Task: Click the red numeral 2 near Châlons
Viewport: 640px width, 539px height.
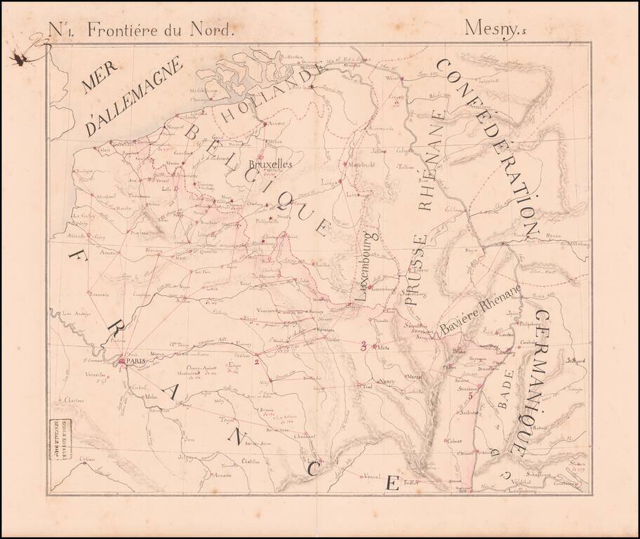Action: point(257,362)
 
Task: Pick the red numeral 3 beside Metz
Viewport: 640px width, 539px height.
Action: point(363,345)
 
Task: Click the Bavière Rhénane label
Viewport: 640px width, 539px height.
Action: point(480,327)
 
